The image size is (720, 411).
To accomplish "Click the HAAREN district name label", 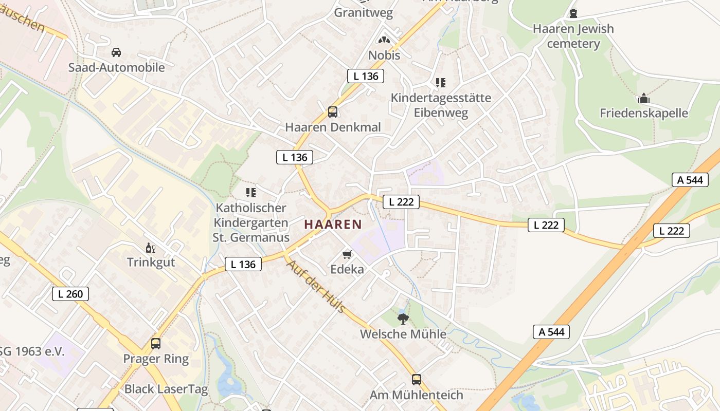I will pyautogui.click(x=333, y=225).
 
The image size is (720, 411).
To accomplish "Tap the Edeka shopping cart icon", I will pyautogui.click(x=347, y=255).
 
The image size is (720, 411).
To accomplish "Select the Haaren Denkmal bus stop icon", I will pyautogui.click(x=333, y=112).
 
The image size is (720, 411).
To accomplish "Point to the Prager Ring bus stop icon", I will pyautogui.click(x=155, y=344).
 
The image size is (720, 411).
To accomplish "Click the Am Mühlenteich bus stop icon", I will pyautogui.click(x=417, y=380).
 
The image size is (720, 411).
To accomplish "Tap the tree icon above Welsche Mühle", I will pyautogui.click(x=403, y=319).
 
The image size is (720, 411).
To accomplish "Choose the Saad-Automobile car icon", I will pyautogui.click(x=116, y=52).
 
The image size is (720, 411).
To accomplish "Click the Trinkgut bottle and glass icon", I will pyautogui.click(x=151, y=248).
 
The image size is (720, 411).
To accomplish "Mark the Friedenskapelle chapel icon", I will pyautogui.click(x=643, y=98).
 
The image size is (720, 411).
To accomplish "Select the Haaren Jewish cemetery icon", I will pyautogui.click(x=573, y=13).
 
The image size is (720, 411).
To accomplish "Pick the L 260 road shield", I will pyautogui.click(x=70, y=294).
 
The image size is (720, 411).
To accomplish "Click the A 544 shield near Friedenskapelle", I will pyautogui.click(x=690, y=180).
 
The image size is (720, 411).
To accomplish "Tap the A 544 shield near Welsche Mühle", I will pyautogui.click(x=551, y=332).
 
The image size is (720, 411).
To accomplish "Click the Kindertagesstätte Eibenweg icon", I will pyautogui.click(x=441, y=82).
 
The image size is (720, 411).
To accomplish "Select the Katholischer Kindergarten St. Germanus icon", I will pyautogui.click(x=251, y=193).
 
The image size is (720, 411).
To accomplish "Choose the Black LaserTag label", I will pyautogui.click(x=166, y=389).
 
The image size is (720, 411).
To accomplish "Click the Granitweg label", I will pyautogui.click(x=363, y=12).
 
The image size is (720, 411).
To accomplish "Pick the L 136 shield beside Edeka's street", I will pyautogui.click(x=243, y=265).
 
